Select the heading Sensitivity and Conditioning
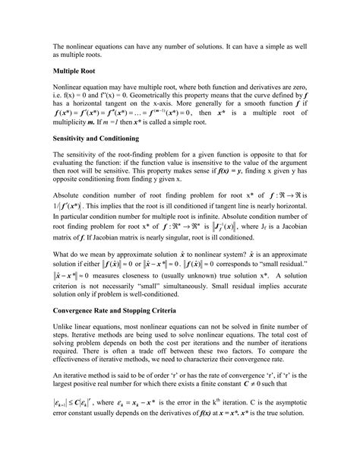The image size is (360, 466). (x=99, y=141)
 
